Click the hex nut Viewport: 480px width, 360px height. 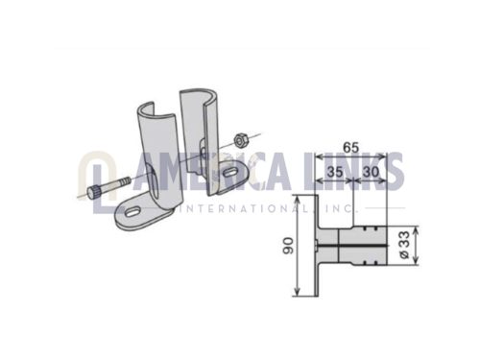pos(240,140)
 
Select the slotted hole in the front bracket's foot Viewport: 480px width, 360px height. pos(132,212)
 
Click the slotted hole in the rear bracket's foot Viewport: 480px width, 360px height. pos(228,173)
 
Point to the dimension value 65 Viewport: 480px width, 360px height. pos(351,148)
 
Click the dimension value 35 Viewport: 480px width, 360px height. pos(335,172)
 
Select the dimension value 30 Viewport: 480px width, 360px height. pos(371,172)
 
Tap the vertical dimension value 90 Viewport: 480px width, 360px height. pos(288,246)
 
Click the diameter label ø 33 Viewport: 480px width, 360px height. pos(404,245)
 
